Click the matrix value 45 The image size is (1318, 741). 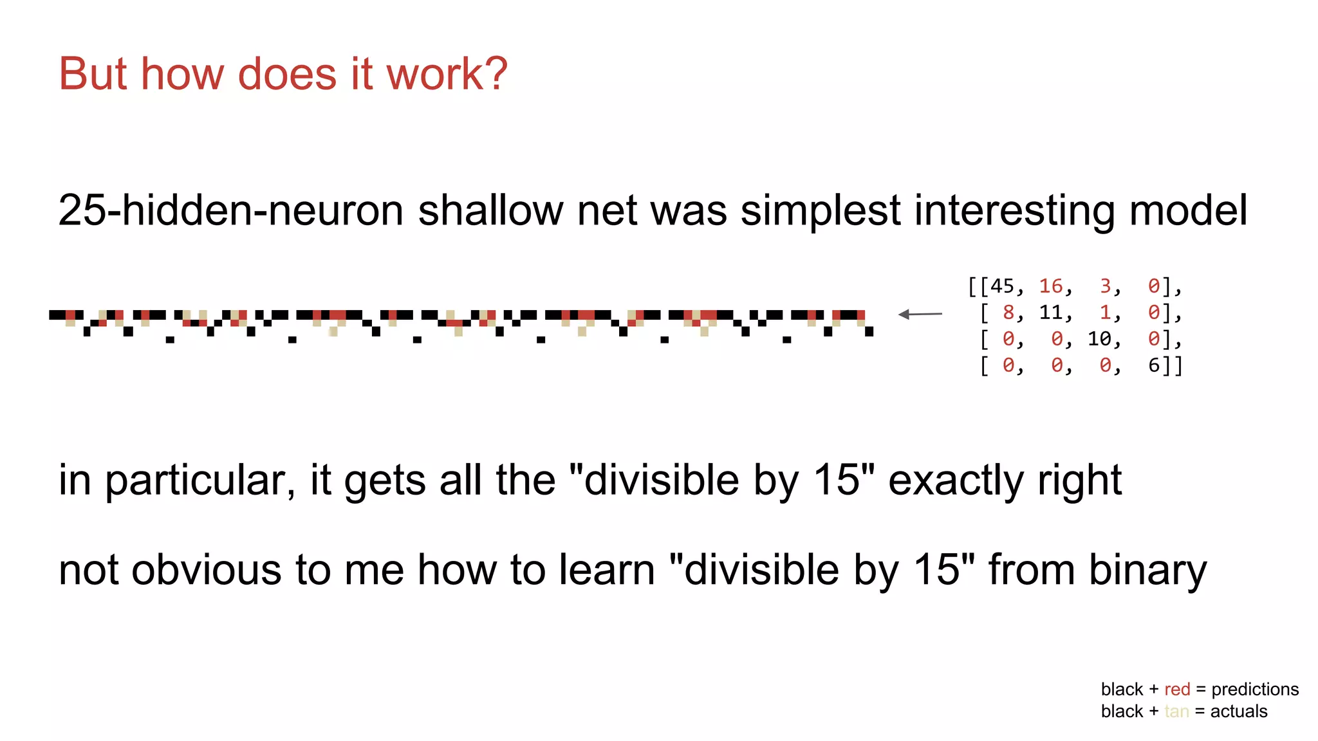click(x=1002, y=286)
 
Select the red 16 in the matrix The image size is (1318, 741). click(x=1051, y=286)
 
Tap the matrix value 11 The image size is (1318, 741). click(x=1051, y=313)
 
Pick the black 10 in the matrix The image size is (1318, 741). click(x=1099, y=339)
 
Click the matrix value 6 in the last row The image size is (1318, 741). click(x=1154, y=365)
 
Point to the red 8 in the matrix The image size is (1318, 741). click(x=1008, y=313)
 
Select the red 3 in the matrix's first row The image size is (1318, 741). click(x=1106, y=286)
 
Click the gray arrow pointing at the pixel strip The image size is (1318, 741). click(x=920, y=314)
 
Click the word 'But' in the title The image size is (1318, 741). click(x=94, y=73)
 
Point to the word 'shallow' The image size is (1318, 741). click(x=490, y=210)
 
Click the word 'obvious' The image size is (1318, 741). click(x=207, y=571)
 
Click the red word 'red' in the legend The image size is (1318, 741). click(x=1177, y=690)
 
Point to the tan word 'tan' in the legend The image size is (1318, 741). click(x=1176, y=711)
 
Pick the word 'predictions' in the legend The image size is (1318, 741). click(x=1255, y=690)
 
